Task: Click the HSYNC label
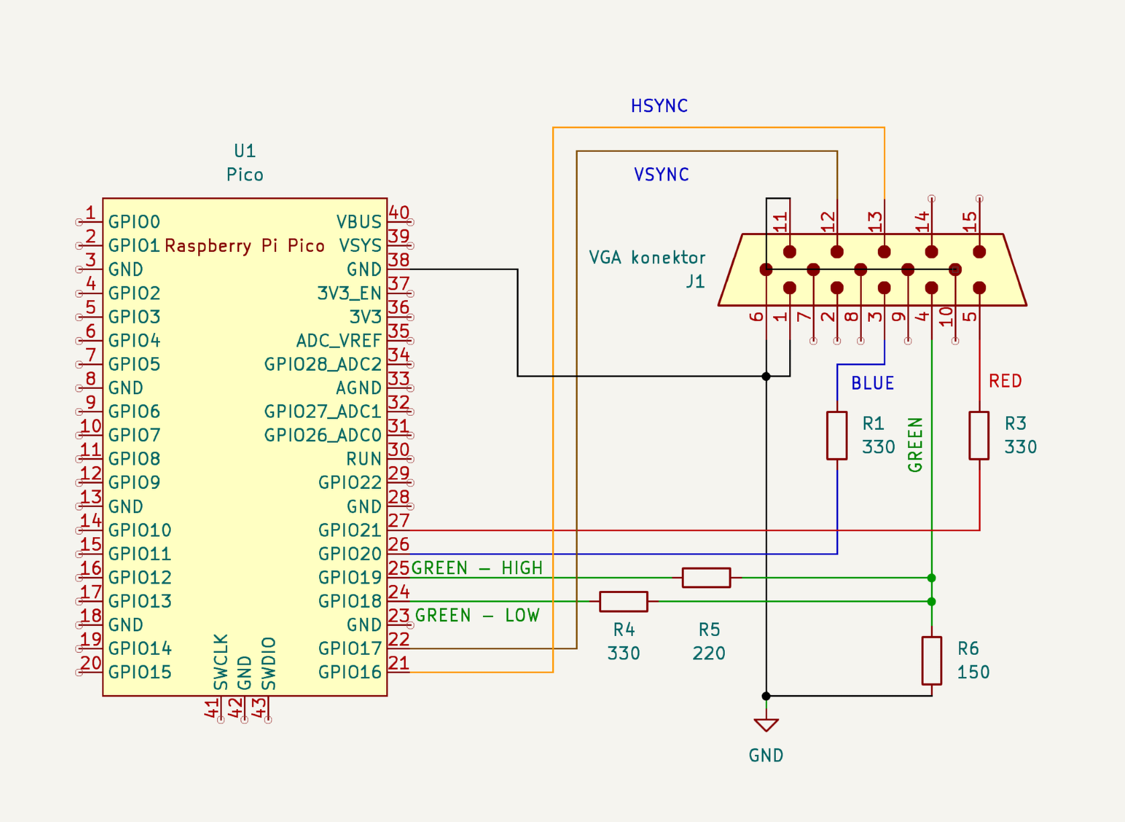click(659, 106)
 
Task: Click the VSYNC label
click(661, 175)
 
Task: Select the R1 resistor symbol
click(836, 436)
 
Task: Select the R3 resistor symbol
click(979, 436)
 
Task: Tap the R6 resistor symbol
click(931, 660)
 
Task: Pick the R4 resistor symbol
click(623, 601)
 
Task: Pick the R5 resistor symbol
click(706, 578)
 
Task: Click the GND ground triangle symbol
click(766, 725)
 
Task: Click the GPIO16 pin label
click(349, 672)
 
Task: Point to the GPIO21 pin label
click(349, 530)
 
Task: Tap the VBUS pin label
click(358, 222)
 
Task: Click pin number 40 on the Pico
click(399, 213)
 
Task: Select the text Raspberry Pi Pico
click(244, 246)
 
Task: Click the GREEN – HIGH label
click(477, 568)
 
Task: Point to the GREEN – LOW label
click(477, 615)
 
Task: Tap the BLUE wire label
click(872, 383)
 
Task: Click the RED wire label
click(1005, 381)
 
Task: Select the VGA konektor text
click(647, 258)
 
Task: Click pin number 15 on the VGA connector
click(970, 221)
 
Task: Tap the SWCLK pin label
click(221, 662)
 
